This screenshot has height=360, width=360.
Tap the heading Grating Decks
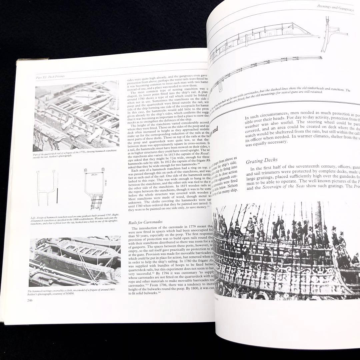(x=262, y=161)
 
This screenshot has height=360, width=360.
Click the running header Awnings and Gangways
(x=337, y=8)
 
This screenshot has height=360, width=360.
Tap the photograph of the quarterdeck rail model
(x=77, y=117)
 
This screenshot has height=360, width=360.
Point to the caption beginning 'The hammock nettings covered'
(x=72, y=292)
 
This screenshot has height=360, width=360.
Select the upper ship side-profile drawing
(x=263, y=35)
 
